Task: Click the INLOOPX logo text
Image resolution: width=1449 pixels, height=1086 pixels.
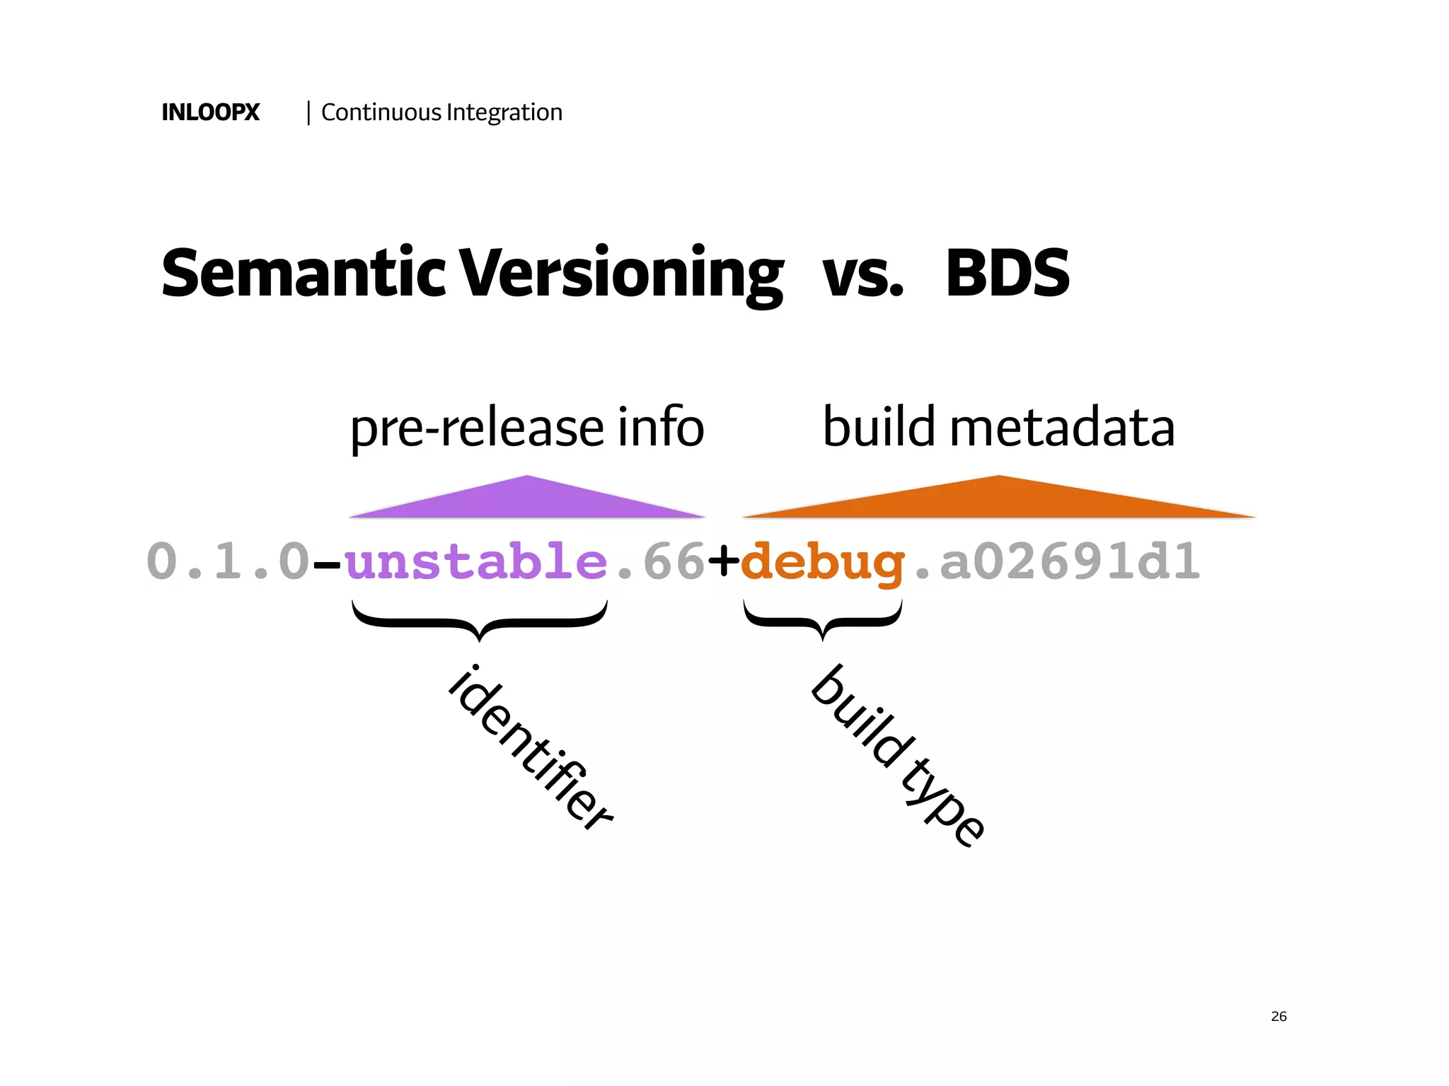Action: (x=210, y=112)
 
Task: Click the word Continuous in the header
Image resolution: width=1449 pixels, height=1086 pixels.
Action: (x=381, y=112)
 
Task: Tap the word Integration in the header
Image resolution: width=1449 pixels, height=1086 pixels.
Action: (x=504, y=112)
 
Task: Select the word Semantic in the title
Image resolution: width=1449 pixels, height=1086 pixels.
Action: (x=304, y=274)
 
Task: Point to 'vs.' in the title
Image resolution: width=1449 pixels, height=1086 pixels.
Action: (x=862, y=274)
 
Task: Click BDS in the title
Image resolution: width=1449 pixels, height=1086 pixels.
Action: (x=1008, y=274)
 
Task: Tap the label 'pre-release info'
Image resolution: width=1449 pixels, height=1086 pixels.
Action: (x=527, y=427)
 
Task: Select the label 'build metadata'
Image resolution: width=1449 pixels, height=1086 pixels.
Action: (x=998, y=427)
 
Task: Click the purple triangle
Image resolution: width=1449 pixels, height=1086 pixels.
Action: (x=527, y=501)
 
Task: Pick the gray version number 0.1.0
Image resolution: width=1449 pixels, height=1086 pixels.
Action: (x=228, y=561)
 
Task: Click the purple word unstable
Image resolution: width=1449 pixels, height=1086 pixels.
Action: (x=476, y=561)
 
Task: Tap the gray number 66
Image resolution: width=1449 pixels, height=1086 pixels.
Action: (x=674, y=561)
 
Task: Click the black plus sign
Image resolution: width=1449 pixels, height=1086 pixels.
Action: (x=723, y=561)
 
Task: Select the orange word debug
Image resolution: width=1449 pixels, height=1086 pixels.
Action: (x=822, y=563)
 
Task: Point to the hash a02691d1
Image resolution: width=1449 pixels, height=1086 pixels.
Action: (x=1069, y=561)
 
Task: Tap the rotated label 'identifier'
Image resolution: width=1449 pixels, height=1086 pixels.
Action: (x=531, y=747)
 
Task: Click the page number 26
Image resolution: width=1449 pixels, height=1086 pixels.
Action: (x=1278, y=1016)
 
